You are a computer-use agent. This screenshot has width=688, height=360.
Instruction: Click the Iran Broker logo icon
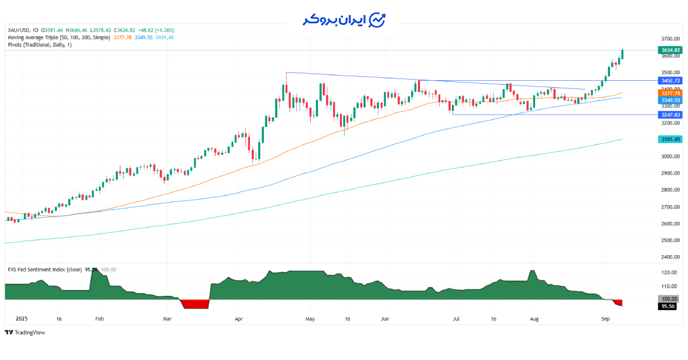tap(377, 20)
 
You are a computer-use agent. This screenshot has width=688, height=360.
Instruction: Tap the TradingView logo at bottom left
tap(25, 332)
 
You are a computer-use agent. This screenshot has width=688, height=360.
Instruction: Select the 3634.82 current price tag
tap(670, 50)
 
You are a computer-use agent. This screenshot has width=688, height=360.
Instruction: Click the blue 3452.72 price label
tap(670, 81)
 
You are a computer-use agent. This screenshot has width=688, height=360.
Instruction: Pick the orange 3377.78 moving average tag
tap(670, 93)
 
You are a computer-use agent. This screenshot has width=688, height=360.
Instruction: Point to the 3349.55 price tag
tap(670, 100)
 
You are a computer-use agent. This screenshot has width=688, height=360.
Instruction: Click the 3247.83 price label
tap(670, 115)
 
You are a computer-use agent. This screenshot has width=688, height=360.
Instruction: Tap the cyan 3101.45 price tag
tap(670, 139)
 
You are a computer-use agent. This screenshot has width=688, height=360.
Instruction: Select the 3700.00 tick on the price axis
tap(670, 38)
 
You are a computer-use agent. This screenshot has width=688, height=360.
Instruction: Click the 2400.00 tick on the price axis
tap(670, 257)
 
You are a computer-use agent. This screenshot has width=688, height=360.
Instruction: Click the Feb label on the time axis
tap(99, 318)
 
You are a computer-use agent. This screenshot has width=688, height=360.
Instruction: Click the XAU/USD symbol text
tap(19, 30)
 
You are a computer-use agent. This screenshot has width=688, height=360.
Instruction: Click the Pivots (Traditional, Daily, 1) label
tap(40, 45)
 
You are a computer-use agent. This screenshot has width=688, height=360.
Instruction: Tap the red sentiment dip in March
tap(195, 304)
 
